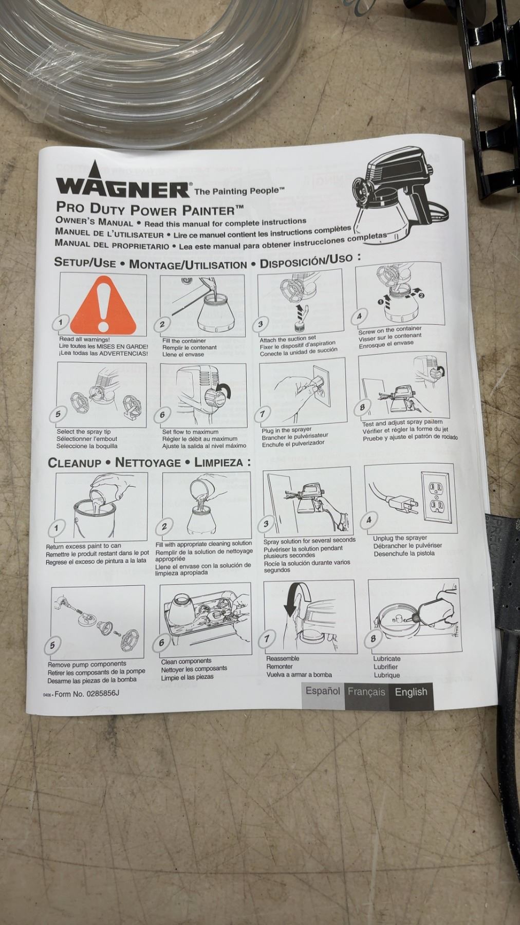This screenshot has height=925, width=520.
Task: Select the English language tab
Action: pos(411,692)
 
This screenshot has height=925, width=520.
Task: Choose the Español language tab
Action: pos(323,691)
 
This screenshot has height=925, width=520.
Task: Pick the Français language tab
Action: pos(366,692)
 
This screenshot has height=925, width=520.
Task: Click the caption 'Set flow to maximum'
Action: pos(190,432)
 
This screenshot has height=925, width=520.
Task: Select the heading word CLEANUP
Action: pos(75,463)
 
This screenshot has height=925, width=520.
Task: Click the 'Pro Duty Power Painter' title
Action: pos(150,209)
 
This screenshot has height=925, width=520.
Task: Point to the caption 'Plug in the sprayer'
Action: pos(286,430)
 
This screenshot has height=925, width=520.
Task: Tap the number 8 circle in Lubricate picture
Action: pos(373,639)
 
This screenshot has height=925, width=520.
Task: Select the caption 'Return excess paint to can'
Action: pos(83,546)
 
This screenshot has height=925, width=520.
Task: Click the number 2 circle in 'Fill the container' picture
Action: pos(162,324)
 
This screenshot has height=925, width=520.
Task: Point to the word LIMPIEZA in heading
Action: pos(219,462)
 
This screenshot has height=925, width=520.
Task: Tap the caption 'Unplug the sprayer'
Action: pos(400,538)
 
